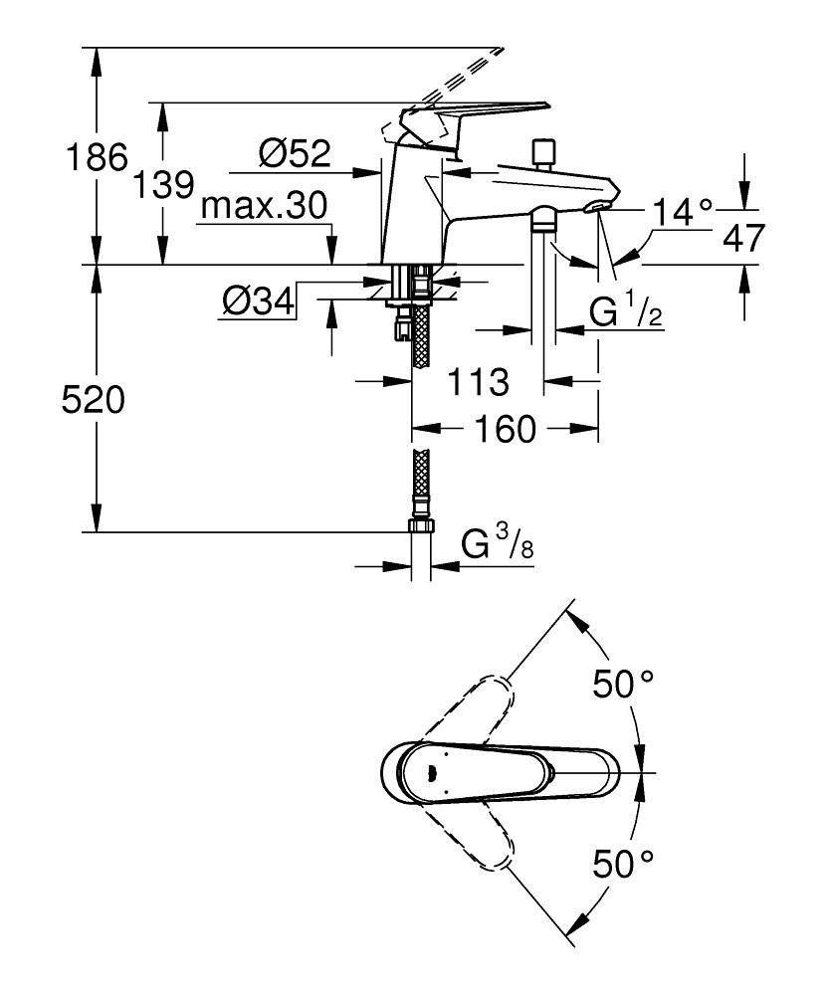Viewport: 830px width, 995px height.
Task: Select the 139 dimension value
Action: tap(163, 184)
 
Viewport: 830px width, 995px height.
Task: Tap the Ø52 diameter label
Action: tap(294, 153)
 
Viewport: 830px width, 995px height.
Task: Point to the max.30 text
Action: tap(263, 207)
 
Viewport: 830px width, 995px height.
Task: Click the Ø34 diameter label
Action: tap(257, 300)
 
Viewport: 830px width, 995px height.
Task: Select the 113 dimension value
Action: tap(477, 380)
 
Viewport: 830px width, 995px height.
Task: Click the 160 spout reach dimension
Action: tap(506, 430)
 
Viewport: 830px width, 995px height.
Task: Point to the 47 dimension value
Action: tap(744, 238)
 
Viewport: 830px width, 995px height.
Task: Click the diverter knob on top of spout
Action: tap(543, 153)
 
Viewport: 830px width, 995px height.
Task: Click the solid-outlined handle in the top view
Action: tap(498, 772)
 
